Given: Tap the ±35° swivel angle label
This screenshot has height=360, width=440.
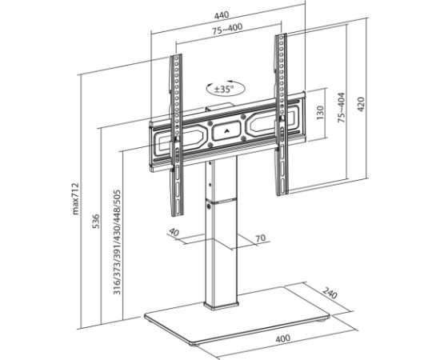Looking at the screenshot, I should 222,90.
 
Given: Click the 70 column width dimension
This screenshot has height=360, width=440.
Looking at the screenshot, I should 260,238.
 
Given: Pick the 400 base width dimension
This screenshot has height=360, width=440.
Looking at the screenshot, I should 282,338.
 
